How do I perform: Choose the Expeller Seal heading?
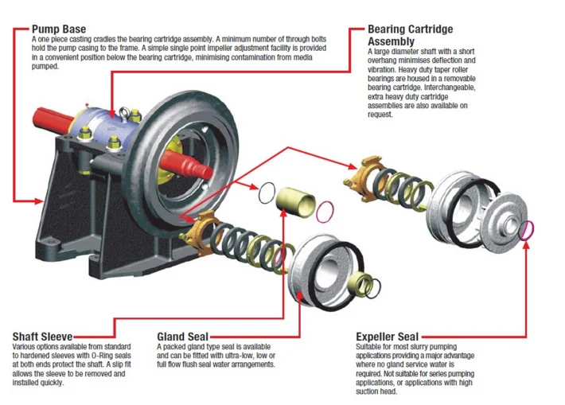pos(387,337)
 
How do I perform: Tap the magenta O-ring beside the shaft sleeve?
pos(325,212)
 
